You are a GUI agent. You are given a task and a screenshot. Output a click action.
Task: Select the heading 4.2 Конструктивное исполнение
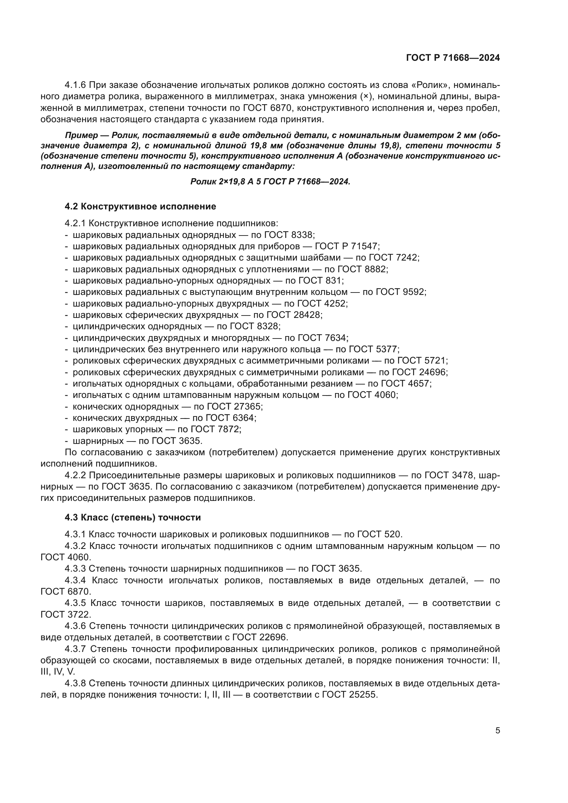pyautogui.click(x=140, y=206)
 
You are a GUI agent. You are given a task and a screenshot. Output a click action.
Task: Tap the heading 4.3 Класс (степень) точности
pyautogui.click(x=133, y=517)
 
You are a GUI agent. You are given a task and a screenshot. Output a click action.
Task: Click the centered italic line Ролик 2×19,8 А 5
pyautogui.click(x=270, y=182)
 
